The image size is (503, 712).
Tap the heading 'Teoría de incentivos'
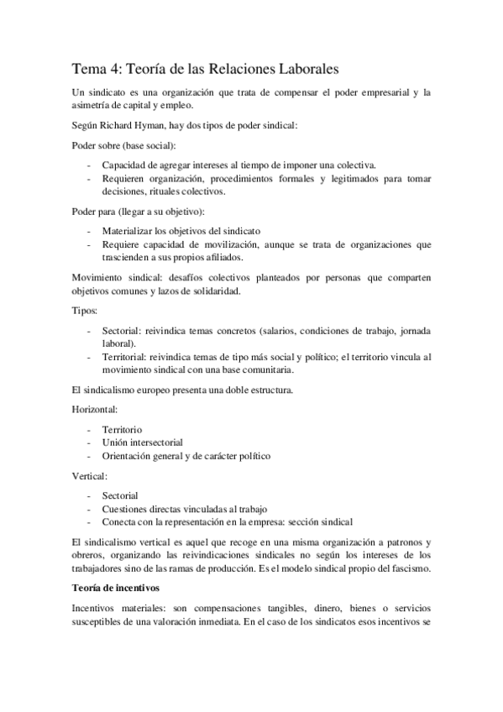(x=118, y=588)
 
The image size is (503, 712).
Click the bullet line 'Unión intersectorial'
(x=143, y=442)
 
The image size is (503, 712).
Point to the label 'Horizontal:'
(x=95, y=409)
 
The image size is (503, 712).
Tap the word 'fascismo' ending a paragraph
(x=406, y=568)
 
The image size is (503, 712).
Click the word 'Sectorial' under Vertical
(x=120, y=495)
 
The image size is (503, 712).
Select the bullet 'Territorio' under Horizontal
(x=123, y=429)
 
